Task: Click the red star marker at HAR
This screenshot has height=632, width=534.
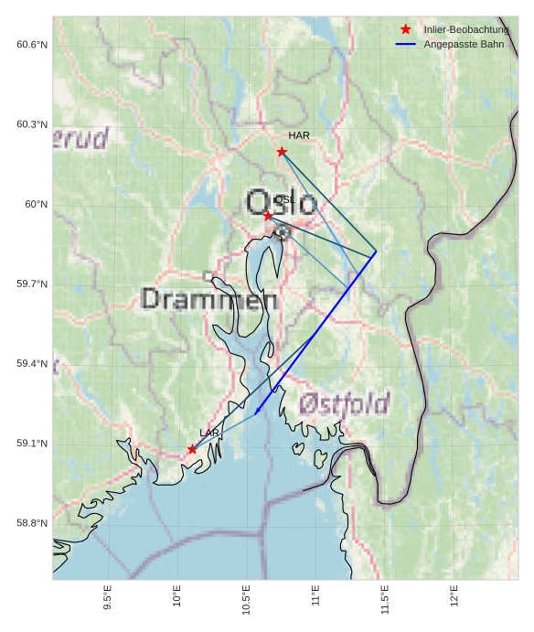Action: coord(282,152)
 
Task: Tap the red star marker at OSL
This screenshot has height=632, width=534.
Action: coord(268,216)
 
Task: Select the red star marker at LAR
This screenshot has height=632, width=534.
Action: coord(192,449)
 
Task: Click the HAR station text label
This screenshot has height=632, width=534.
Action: coord(299,135)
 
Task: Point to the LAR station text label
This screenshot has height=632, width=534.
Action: coord(209,433)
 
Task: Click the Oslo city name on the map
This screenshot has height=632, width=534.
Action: coord(281,202)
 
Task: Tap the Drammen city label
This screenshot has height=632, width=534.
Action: coord(209,299)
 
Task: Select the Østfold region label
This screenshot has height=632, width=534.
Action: coord(344,402)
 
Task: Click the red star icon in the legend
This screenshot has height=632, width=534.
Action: coord(406,30)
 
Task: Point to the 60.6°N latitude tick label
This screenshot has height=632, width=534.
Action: coord(32,45)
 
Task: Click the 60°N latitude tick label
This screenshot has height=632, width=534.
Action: coord(36,204)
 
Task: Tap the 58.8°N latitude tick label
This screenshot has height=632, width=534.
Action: coord(32,523)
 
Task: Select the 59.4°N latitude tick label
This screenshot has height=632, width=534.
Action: coord(32,364)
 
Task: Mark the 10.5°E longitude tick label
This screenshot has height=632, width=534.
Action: coord(247,599)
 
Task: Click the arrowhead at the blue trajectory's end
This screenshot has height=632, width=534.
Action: coord(257,412)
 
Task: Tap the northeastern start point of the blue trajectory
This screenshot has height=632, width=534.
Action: coord(376,253)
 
